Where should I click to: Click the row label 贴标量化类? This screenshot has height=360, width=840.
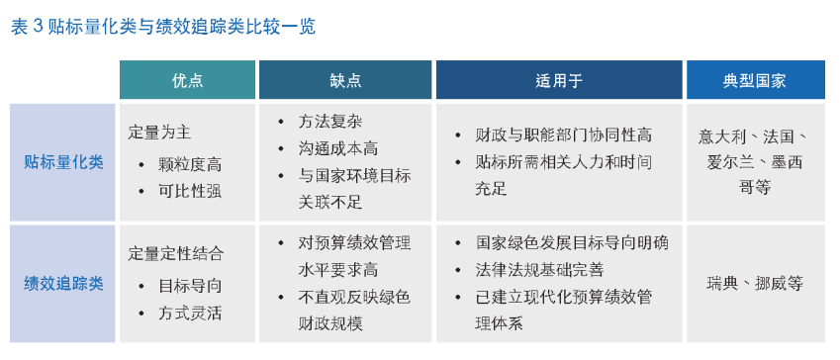click(64, 162)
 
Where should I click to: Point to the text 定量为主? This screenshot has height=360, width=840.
click(160, 131)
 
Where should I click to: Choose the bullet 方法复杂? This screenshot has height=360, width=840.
click(330, 122)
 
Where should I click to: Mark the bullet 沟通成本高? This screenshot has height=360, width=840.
click(338, 148)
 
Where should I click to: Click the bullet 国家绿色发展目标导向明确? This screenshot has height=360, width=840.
click(572, 242)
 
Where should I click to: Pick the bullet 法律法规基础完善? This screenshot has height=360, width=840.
click(541, 269)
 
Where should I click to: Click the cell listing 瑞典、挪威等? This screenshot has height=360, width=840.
click(755, 284)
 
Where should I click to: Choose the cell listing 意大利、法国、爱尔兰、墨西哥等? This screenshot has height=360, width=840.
click(755, 162)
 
